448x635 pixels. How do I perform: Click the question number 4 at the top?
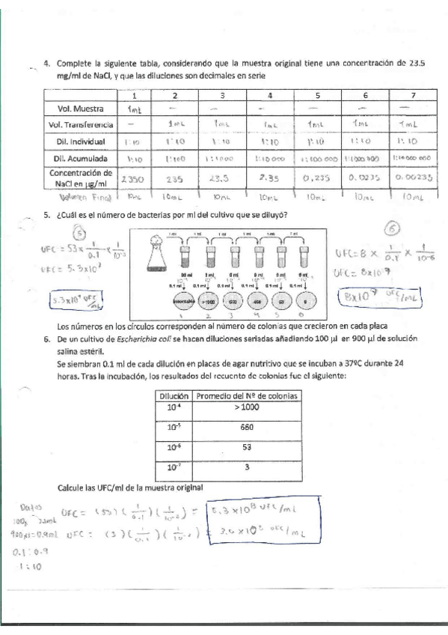point(47,64)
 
